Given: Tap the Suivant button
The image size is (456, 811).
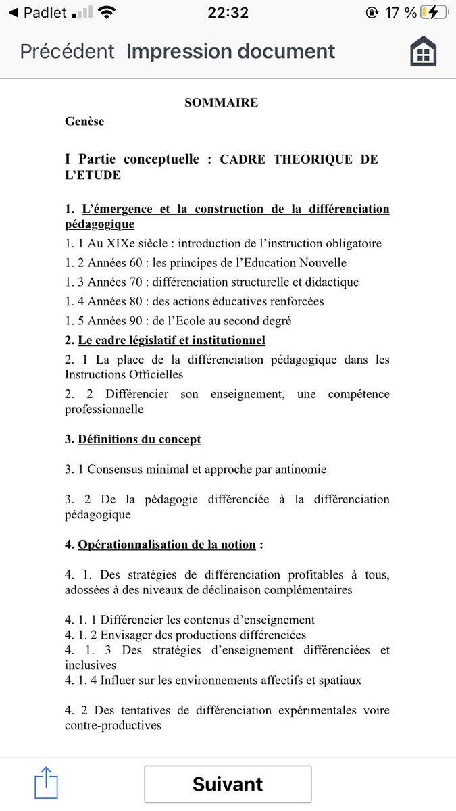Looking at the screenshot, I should tap(228, 784).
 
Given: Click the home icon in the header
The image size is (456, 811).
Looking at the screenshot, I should tap(424, 52).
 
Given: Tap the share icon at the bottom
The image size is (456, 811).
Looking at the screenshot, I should tap(46, 783).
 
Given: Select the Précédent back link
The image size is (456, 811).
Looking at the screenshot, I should tap(68, 51).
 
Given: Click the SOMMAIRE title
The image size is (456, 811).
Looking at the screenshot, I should tap(221, 103).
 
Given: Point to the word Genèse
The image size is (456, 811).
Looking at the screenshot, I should tap(84, 121).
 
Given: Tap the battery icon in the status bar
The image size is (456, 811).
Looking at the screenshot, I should tap(433, 13).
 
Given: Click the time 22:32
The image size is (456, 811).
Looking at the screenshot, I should tap(228, 13).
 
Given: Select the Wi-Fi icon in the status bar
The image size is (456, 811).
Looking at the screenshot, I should tap(106, 13).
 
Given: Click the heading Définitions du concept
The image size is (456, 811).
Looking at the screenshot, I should tap(139, 439).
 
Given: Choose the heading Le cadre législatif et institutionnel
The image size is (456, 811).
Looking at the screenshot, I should tap(171, 340).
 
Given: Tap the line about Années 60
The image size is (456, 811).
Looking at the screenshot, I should tap(205, 263).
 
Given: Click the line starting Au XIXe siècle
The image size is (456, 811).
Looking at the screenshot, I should tap(223, 243).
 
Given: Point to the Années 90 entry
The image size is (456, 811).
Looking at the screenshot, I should tap(178, 321).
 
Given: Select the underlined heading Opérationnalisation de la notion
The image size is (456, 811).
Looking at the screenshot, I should tap(166, 545).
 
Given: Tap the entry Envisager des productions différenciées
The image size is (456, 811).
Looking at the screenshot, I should tap(185, 635).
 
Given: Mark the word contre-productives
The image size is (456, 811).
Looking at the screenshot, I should tap(113, 726).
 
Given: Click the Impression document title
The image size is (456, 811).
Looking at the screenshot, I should tap(230, 51).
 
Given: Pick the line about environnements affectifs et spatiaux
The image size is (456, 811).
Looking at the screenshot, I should tap(213, 680).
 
